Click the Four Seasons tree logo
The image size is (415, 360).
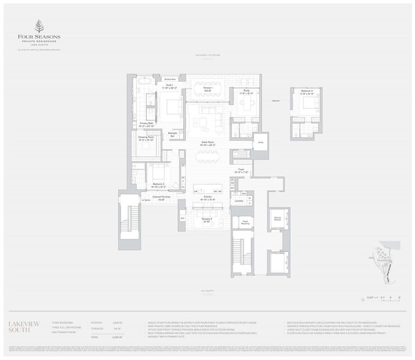pyautogui.click(x=39, y=26)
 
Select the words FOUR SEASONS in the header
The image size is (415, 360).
pyautogui.click(x=39, y=37)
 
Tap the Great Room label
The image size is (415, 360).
pyautogui.click(x=208, y=144)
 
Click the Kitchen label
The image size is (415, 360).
pyautogui.click(x=208, y=197)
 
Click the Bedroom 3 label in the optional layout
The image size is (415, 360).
pyautogui.click(x=307, y=92)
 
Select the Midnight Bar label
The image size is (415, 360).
pyautogui.click(x=172, y=136)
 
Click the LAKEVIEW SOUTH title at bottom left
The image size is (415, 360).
pyautogui.click(x=24, y=327)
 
